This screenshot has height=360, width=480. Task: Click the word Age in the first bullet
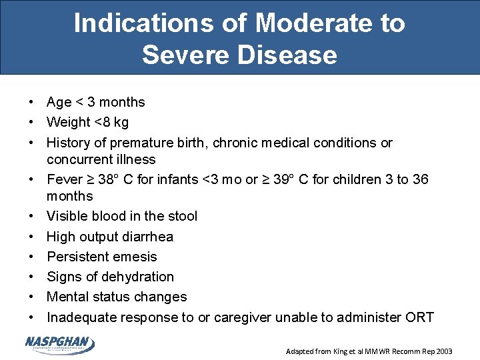tap(59, 103)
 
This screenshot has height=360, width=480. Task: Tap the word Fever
tap(63, 179)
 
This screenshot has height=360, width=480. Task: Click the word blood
tap(106, 216)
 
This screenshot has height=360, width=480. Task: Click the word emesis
tap(135, 257)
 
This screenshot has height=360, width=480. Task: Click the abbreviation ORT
tap(419, 317)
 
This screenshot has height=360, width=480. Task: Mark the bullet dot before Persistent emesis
tap(31, 257)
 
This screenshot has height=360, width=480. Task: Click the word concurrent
tap(77, 159)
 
